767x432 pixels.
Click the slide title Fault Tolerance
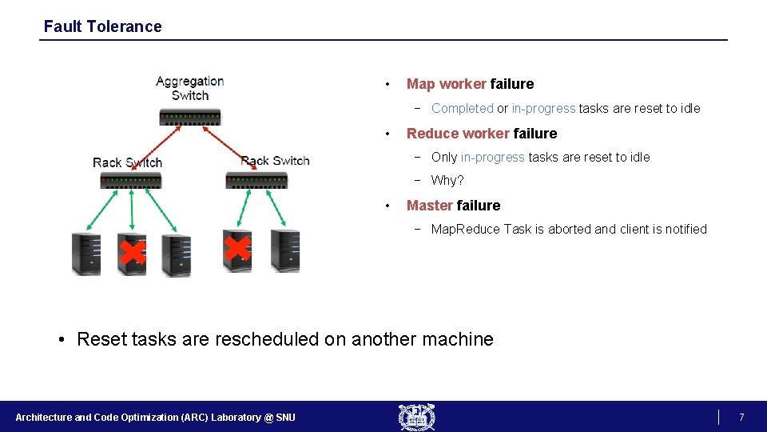point(102,26)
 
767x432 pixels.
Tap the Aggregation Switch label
point(189,88)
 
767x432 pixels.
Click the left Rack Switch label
point(127,162)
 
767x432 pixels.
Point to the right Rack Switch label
point(275,161)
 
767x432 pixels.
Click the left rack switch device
point(131,181)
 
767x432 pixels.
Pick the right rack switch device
point(256,180)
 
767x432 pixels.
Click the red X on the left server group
point(131,253)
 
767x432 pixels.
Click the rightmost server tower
point(285,250)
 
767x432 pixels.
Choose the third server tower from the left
point(176,254)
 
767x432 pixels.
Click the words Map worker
point(446,84)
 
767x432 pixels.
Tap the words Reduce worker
point(458,134)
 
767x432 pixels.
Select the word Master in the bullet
point(429,206)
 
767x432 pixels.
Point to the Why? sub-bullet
point(447,181)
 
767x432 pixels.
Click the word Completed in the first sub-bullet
point(462,109)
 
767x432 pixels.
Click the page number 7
point(741,418)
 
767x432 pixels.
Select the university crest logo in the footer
point(417,417)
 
